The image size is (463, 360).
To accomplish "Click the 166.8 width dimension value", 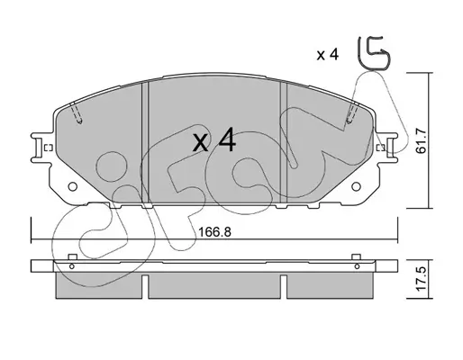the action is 215,232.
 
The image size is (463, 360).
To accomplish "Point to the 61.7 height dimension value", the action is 421,140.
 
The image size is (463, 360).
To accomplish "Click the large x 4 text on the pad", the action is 214,139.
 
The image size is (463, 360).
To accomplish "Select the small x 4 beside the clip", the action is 328,55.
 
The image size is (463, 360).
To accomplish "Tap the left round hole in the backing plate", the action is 72,186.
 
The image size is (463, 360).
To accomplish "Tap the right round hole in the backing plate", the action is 356,186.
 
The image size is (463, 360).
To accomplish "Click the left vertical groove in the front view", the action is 145,143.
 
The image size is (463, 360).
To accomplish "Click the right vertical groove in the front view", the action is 284,143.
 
